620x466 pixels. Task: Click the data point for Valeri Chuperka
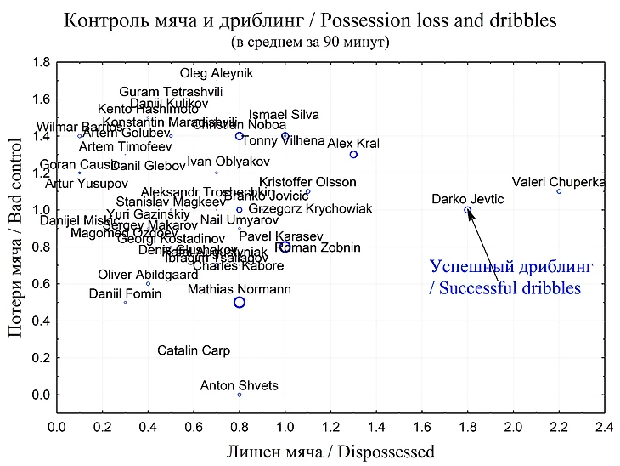(x=559, y=191)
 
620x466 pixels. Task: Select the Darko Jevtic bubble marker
(x=467, y=210)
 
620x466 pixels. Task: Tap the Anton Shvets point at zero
(x=240, y=395)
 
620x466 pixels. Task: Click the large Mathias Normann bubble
(x=240, y=302)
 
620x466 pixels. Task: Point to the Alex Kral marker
(x=353, y=155)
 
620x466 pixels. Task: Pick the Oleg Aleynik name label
(x=217, y=74)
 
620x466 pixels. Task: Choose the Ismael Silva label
(x=284, y=115)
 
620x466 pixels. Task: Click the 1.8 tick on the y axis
(x=40, y=62)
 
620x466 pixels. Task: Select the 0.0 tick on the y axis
(x=40, y=395)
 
